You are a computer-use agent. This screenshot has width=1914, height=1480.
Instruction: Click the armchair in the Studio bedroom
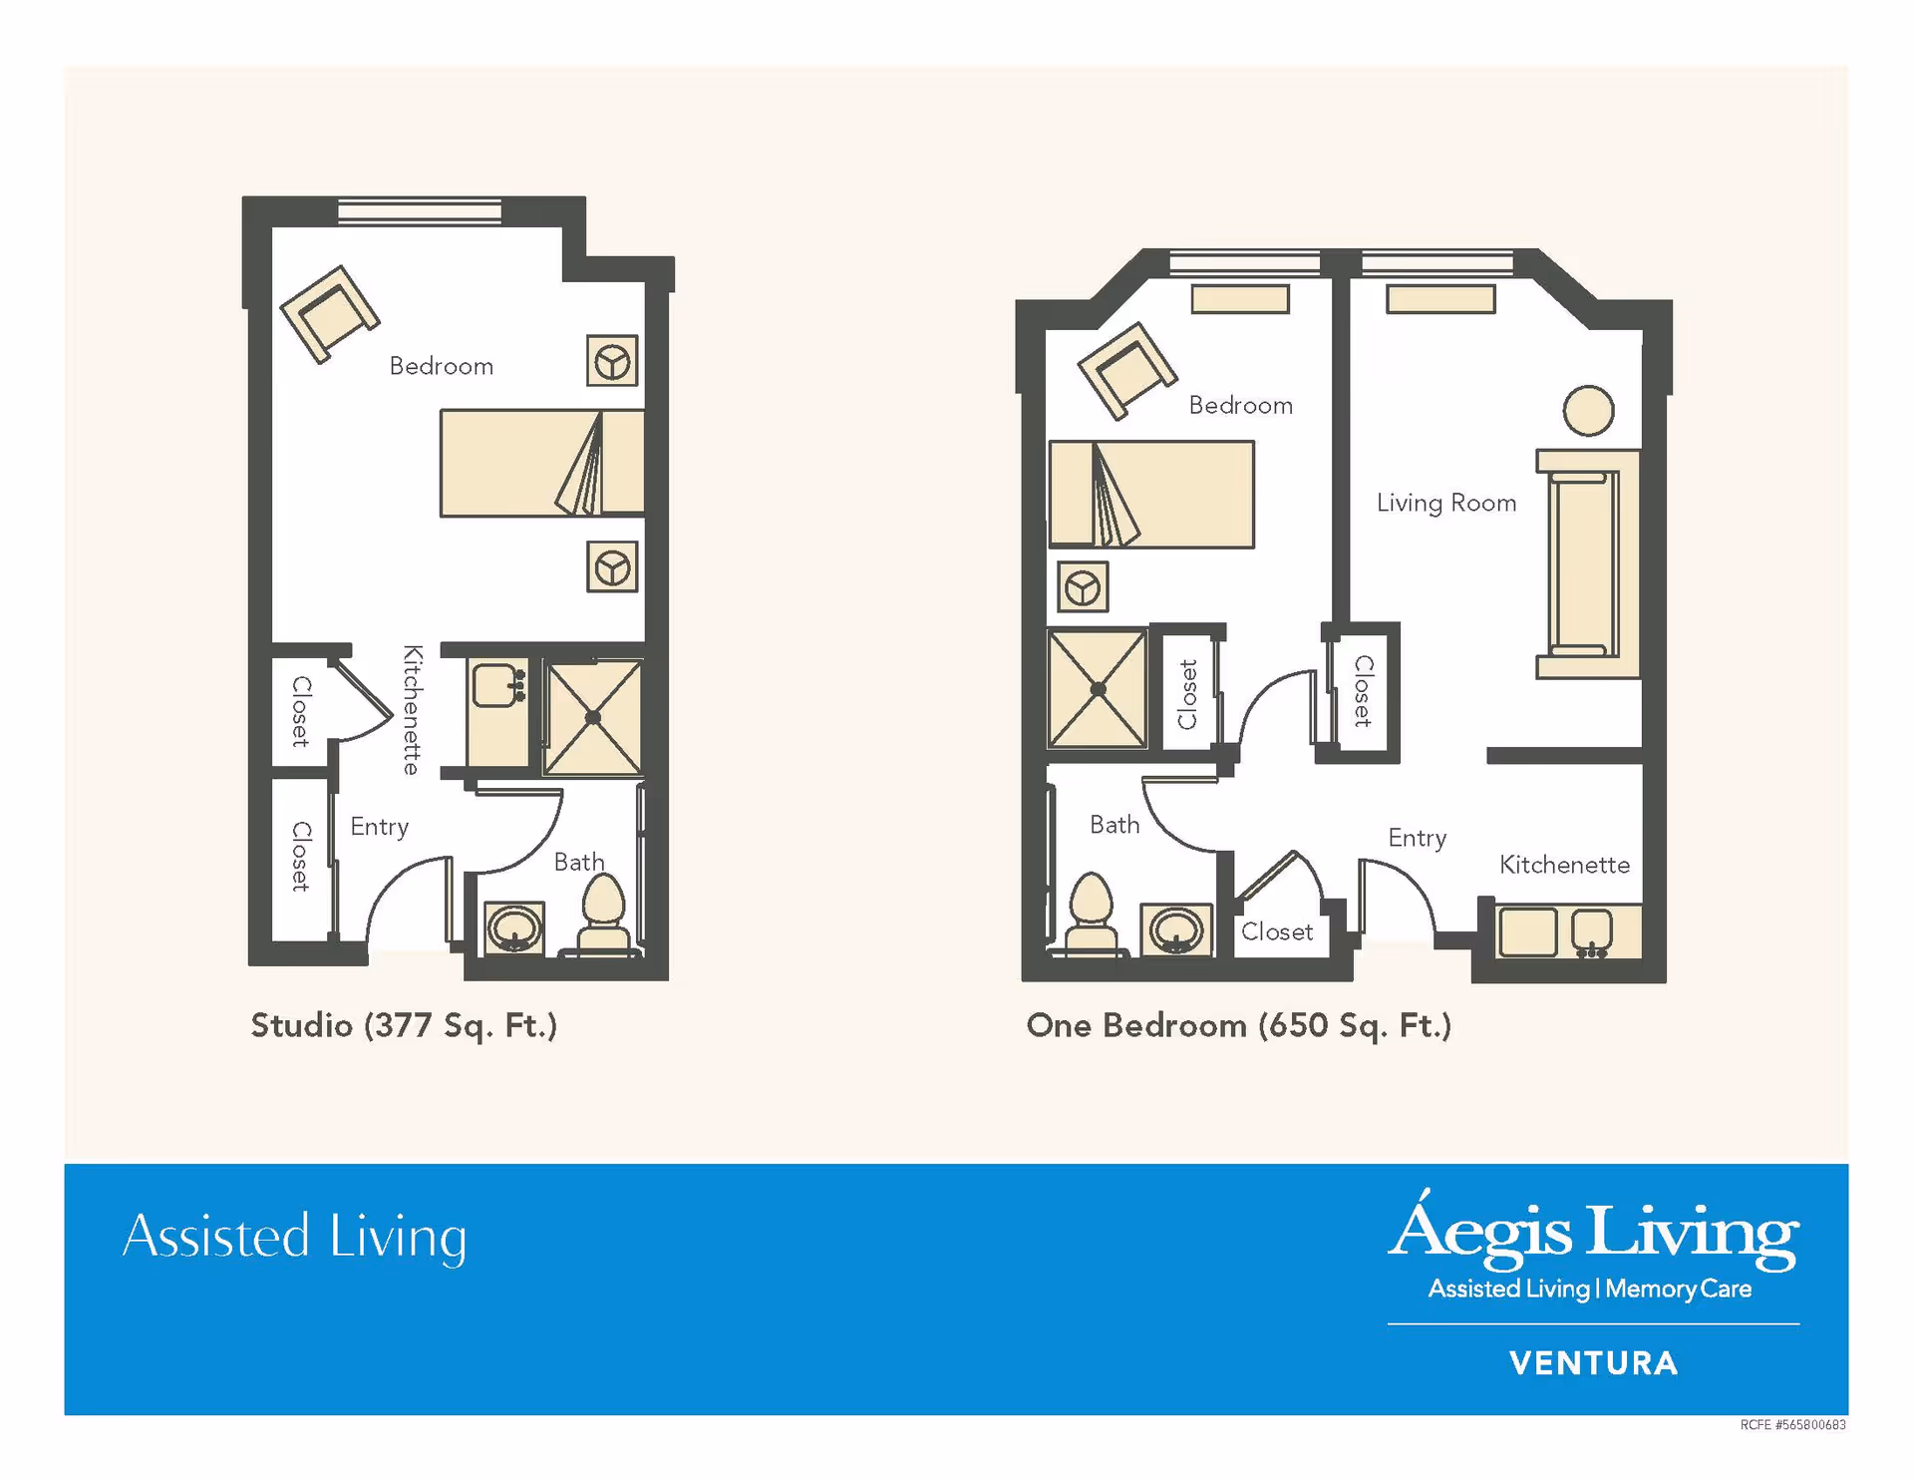click(330, 313)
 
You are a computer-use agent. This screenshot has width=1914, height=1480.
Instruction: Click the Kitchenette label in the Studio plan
click(412, 710)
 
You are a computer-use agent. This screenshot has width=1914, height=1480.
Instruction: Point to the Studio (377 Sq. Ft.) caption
click(404, 1025)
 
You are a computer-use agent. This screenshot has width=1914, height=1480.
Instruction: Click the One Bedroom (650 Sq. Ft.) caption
click(1238, 1025)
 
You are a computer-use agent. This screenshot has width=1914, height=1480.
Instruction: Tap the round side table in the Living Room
click(1588, 411)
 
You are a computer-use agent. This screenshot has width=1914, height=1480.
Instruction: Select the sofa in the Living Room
click(1589, 563)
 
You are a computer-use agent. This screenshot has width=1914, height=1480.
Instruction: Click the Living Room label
click(1445, 503)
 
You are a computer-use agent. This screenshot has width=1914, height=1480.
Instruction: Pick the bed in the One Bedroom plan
click(1151, 495)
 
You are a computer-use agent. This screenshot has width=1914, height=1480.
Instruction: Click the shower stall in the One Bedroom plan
click(1097, 688)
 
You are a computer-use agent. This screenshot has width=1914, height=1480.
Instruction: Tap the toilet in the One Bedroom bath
click(1091, 914)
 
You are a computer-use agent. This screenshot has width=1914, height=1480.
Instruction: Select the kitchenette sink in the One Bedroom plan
click(1591, 932)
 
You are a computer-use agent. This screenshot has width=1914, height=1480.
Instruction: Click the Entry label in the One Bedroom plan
click(1417, 838)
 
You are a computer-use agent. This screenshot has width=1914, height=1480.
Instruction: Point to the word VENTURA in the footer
click(1593, 1363)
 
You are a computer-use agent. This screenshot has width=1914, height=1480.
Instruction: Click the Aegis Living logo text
click(1593, 1233)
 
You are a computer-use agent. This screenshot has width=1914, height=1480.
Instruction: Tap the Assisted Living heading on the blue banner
click(294, 1237)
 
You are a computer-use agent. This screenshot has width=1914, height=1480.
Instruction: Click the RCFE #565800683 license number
click(1792, 1425)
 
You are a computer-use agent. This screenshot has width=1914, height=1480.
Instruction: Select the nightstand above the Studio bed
click(612, 361)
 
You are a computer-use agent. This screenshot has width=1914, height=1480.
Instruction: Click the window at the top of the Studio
click(420, 210)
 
